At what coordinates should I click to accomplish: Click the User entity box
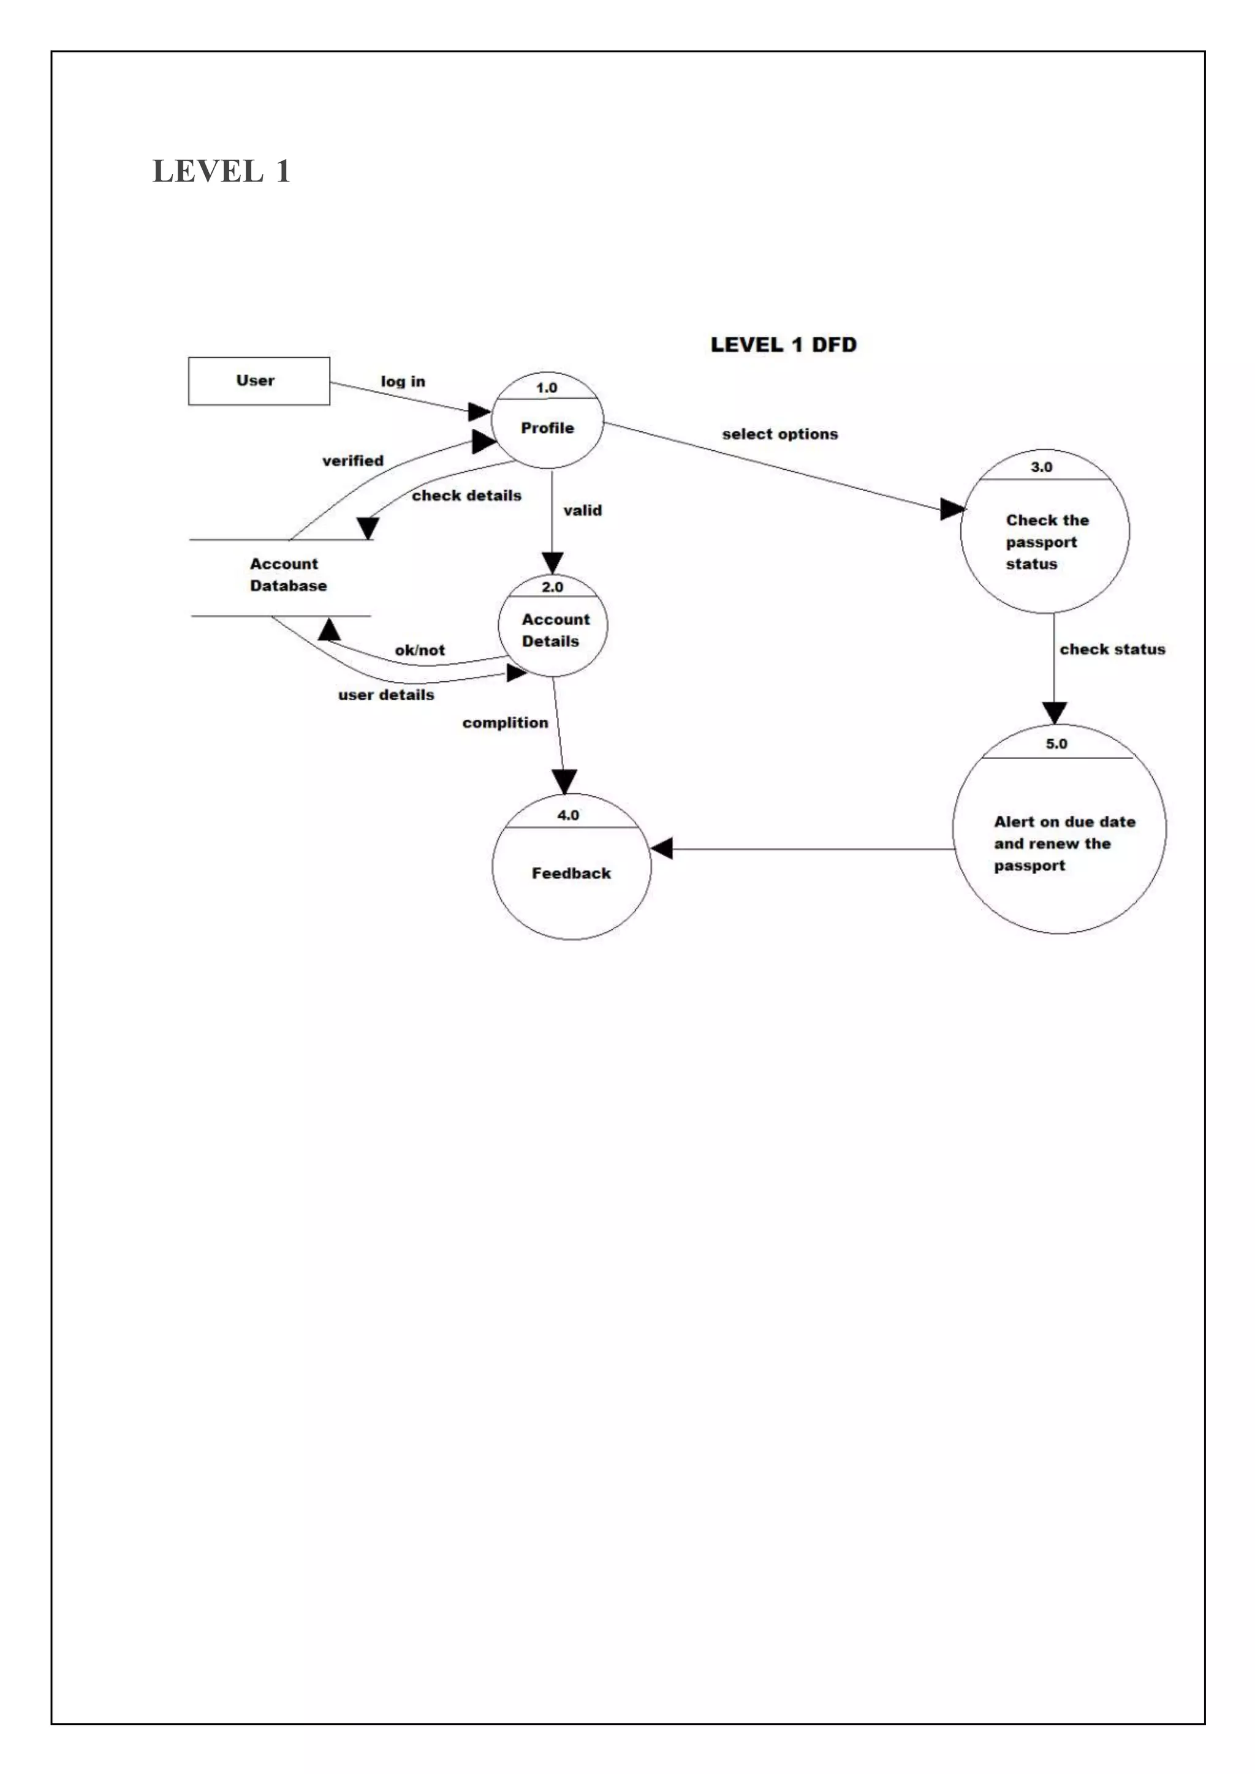[259, 381]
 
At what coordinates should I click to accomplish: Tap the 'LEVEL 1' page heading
[221, 171]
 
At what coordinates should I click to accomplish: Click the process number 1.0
[547, 388]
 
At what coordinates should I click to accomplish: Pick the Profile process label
[547, 428]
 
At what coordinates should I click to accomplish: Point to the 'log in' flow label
[403, 382]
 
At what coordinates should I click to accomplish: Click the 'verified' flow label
[352, 461]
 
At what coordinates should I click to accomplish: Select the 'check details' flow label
[466, 496]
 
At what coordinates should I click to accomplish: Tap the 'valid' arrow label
[583, 510]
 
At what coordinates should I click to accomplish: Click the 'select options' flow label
[779, 434]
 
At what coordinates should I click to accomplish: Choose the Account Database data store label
[287, 575]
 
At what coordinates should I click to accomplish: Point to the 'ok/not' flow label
[420, 651]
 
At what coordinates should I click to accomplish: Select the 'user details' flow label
[385, 695]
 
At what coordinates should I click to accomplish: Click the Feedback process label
[571, 873]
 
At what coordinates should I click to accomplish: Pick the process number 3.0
[1041, 467]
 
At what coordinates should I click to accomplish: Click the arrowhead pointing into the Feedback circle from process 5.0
[661, 848]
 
